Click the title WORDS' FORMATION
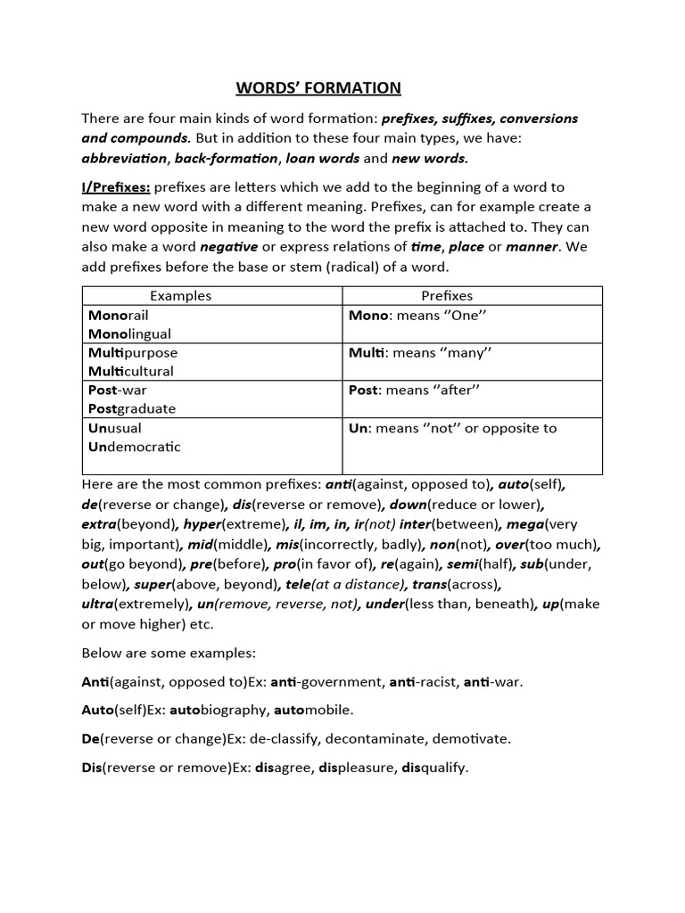click(318, 87)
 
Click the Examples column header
click(180, 295)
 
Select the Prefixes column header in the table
click(447, 295)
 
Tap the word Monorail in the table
click(120, 315)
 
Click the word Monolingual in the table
click(129, 333)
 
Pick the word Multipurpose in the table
click(133, 352)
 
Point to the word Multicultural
click(131, 371)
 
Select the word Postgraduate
click(132, 408)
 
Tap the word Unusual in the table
click(115, 428)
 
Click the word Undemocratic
click(135, 447)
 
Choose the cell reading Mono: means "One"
click(420, 315)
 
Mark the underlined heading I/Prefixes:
click(116, 186)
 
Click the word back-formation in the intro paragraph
click(227, 158)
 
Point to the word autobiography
click(227, 711)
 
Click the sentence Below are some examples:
click(157, 654)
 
